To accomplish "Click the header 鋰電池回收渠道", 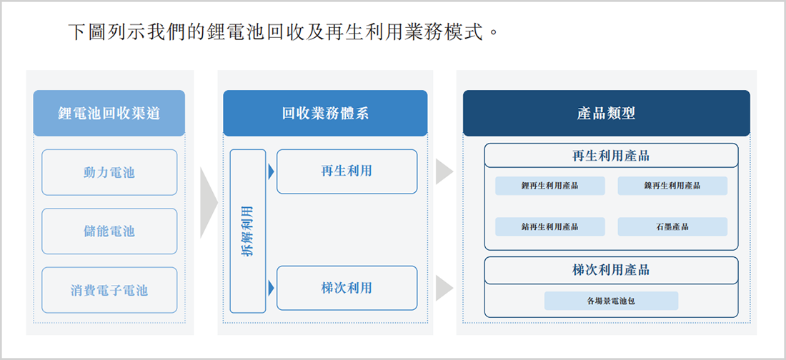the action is (109, 114).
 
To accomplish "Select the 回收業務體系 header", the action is (325, 114).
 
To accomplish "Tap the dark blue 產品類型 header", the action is (607, 114).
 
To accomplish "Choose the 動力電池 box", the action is (109, 172).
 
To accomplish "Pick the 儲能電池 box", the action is (109, 231).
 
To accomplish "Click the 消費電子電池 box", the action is (109, 290).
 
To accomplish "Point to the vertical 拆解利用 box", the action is (248, 231).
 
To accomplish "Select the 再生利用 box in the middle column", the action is (347, 171).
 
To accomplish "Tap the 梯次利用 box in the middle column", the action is (347, 288).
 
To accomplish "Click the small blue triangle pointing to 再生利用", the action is (272, 171).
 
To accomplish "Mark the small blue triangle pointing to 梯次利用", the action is (272, 288).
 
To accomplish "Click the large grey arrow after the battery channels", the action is (209, 203).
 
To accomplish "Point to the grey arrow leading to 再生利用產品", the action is (444, 171).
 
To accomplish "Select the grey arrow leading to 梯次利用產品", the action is (444, 288).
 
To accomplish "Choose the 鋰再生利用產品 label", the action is (550, 186).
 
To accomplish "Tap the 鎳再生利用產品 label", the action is (672, 186).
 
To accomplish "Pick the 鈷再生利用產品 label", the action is (550, 226).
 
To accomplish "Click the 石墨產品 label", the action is (672, 226).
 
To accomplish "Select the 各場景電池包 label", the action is (611, 301).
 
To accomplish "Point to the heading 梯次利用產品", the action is (611, 270).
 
